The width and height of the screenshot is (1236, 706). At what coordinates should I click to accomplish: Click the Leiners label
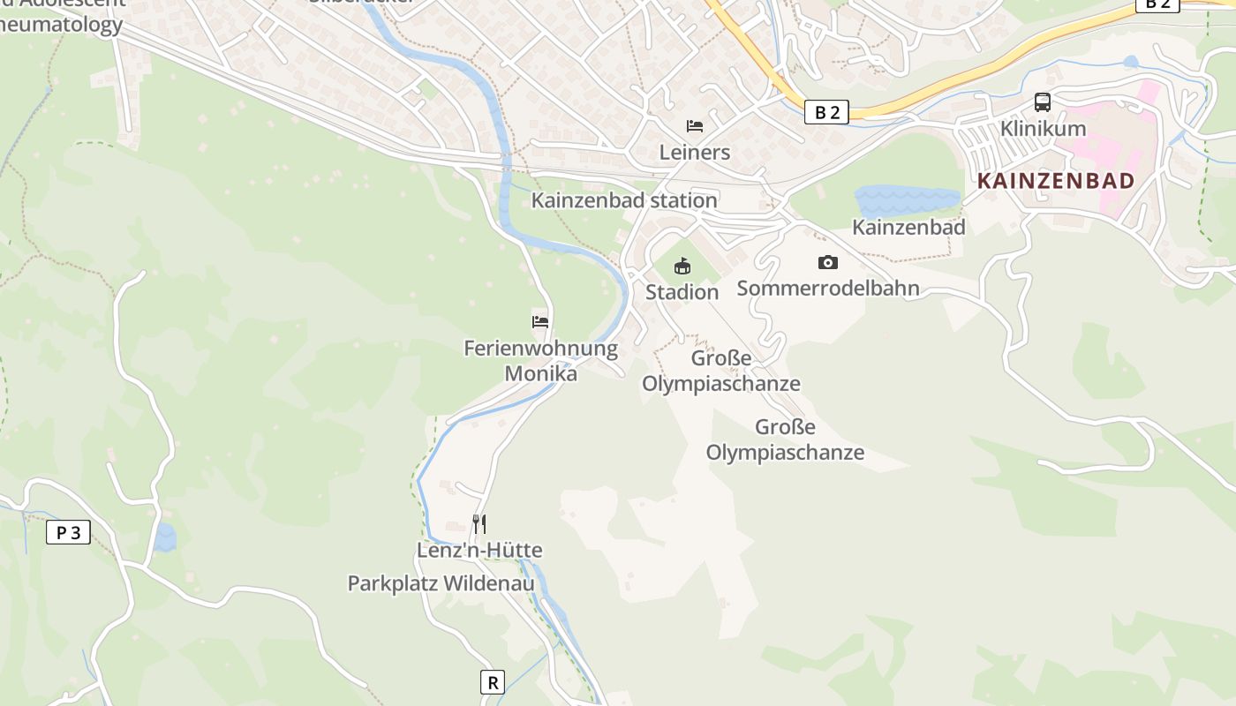tap(695, 152)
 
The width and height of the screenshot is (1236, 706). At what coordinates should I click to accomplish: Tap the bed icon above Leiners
tap(695, 126)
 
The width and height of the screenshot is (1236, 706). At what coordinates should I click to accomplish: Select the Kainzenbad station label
tap(624, 200)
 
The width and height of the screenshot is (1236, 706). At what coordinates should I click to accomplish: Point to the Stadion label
tap(682, 291)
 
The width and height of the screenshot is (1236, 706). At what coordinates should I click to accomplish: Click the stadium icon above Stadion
tap(682, 266)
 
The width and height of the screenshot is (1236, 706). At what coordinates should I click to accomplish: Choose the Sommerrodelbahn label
tap(828, 288)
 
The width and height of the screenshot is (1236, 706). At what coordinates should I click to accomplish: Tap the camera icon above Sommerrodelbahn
tap(828, 262)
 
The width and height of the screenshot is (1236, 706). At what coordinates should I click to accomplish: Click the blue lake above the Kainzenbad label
tap(906, 200)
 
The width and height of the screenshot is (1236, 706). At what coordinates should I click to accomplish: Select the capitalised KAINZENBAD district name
tap(1056, 181)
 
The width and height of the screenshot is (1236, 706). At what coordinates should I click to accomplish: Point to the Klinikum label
tap(1043, 129)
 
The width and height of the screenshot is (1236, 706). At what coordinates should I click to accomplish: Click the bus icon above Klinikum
tap(1043, 102)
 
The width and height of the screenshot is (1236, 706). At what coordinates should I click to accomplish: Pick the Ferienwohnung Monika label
tap(540, 360)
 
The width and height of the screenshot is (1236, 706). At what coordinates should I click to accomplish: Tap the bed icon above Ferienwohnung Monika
tap(540, 322)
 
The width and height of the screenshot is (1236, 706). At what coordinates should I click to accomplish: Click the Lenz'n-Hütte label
tap(479, 550)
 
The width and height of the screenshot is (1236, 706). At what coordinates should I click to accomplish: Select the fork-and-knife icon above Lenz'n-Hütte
tap(479, 524)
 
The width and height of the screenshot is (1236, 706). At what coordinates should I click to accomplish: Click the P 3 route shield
tap(68, 532)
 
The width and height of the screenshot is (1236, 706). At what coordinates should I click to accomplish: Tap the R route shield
tap(493, 681)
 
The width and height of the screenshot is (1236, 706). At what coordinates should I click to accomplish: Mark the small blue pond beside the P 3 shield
tap(165, 537)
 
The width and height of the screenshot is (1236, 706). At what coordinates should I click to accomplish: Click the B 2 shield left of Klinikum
tap(826, 112)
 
